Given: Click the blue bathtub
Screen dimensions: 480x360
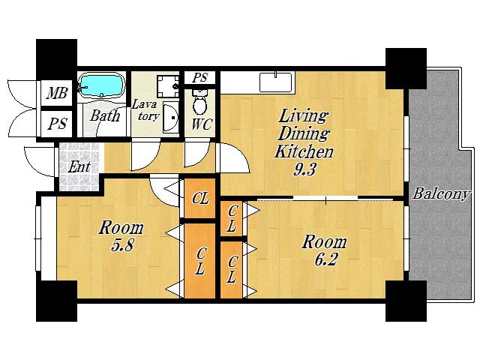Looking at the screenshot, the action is (101, 85).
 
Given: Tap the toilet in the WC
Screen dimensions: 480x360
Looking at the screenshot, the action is (200, 102).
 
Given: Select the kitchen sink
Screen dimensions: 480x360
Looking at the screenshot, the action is (276, 82).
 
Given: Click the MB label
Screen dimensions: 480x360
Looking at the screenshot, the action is (57, 92).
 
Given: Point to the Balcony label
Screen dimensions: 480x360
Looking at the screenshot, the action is (440, 193).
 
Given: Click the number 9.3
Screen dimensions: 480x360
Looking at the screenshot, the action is (304, 169).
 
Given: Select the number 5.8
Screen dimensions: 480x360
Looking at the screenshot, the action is (121, 245).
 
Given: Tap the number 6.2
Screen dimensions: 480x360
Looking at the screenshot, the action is (325, 260).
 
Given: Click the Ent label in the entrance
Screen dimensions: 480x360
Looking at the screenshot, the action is (79, 167).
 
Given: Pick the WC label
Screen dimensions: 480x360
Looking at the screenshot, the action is (202, 124).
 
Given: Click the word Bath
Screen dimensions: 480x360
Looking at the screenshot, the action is (105, 115).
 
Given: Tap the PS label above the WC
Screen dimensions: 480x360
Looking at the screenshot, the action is (200, 77).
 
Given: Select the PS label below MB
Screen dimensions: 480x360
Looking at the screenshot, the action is (58, 124).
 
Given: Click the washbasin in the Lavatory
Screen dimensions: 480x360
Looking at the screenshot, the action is (170, 118).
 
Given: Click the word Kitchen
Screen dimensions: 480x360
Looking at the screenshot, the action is (304, 151).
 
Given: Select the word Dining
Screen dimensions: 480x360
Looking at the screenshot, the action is (304, 133).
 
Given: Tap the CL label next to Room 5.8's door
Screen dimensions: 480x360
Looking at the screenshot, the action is (200, 198).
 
